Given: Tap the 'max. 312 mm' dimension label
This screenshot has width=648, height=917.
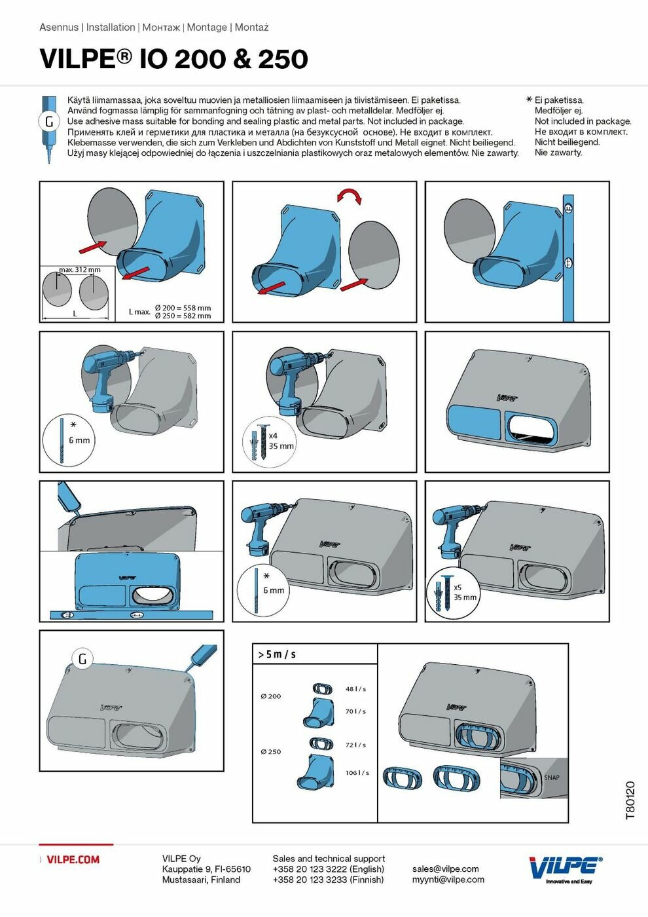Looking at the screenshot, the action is click(x=80, y=270).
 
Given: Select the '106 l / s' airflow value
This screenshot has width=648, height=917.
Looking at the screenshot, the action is click(x=357, y=773).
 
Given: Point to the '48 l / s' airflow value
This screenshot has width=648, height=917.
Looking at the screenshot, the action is click(x=355, y=689).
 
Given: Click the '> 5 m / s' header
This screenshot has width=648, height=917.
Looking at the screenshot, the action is click(x=277, y=654).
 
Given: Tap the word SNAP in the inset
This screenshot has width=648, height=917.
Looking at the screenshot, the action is click(x=551, y=777).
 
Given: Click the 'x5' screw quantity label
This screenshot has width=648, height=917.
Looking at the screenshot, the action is click(x=458, y=588).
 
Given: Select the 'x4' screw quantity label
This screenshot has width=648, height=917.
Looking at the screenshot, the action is click(x=273, y=436).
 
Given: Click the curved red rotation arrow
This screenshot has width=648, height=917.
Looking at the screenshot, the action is click(x=350, y=196).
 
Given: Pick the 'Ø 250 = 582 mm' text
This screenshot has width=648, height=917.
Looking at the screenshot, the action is click(x=183, y=316).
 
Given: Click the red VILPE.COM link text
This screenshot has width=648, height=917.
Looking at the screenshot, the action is click(x=73, y=859).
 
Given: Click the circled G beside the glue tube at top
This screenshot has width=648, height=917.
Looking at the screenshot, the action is click(x=49, y=122).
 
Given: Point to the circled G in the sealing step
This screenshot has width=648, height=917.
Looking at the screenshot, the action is click(x=82, y=659).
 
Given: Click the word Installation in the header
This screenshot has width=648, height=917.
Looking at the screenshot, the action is click(x=111, y=28).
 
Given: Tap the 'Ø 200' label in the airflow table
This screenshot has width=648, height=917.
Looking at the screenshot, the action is click(x=271, y=696).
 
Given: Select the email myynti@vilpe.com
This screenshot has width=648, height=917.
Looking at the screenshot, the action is click(x=448, y=880).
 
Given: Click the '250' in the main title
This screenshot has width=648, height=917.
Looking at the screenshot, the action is click(x=283, y=59).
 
